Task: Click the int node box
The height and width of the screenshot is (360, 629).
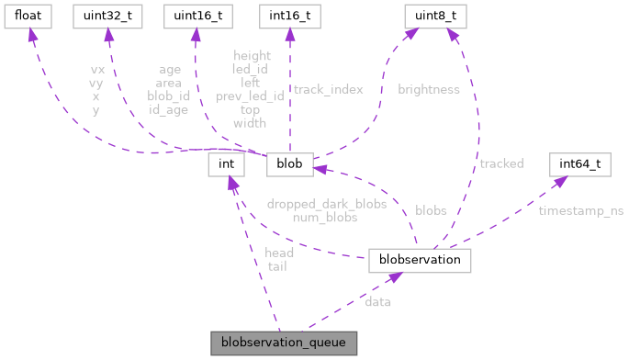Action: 226,164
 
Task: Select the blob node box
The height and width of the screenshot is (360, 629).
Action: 290,164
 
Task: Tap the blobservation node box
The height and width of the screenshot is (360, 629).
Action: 420,261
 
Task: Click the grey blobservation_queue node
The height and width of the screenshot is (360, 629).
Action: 283,343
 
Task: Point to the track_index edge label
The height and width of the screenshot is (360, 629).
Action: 328,90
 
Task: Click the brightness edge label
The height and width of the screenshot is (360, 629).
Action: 428,90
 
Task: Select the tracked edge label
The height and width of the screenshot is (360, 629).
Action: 501,163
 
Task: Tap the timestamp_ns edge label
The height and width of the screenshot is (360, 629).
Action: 581,210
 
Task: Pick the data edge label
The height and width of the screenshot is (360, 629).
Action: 377,301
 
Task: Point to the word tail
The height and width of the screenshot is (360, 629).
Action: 277,266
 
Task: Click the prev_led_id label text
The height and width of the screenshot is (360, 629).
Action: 250,96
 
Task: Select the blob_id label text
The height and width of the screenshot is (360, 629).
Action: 167,96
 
